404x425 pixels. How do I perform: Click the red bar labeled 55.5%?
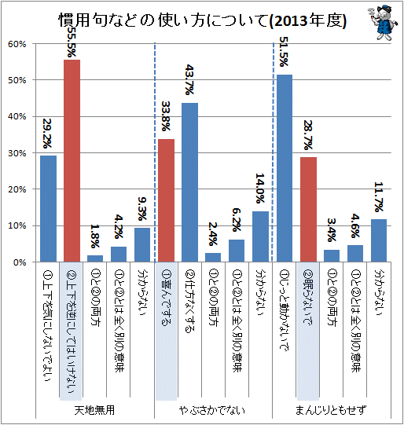click(72, 161)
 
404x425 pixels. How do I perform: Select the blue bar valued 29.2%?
click(48, 209)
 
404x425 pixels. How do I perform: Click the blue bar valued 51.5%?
click(285, 168)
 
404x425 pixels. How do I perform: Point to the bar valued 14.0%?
click(260, 236)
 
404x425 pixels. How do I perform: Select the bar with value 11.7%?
click(379, 240)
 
